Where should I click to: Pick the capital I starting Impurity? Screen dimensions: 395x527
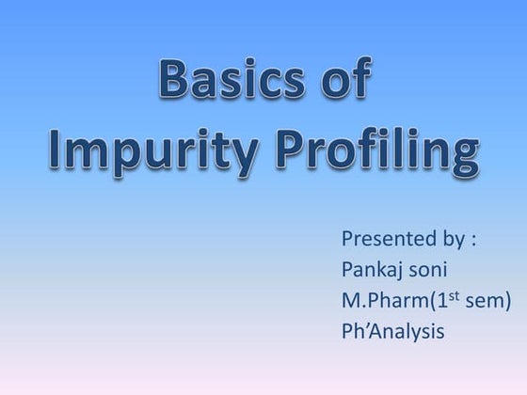56,150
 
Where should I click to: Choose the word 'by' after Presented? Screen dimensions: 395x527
446,240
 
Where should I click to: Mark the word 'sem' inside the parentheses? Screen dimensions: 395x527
487,303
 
